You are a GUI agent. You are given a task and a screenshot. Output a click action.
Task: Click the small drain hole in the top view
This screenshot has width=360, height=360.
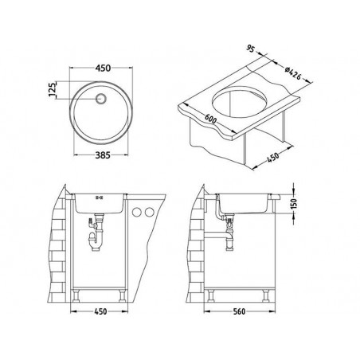102,99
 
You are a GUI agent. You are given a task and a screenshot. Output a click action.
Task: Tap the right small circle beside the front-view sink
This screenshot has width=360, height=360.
149,213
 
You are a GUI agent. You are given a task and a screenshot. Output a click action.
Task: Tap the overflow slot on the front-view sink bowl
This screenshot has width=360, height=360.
101,197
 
